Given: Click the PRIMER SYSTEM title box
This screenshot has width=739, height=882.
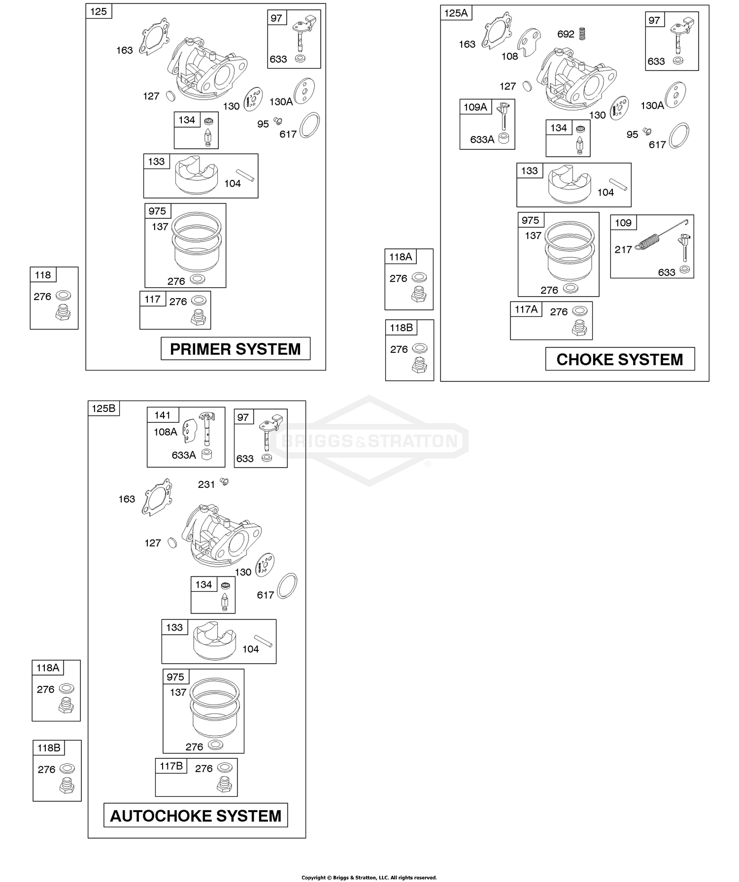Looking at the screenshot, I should [235, 349].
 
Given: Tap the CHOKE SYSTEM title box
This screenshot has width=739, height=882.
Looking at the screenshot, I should [620, 359].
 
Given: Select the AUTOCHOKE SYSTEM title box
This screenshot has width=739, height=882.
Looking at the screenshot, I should [196, 816].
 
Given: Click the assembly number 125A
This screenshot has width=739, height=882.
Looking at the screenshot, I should [456, 13].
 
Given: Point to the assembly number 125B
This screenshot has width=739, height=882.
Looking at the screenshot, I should [103, 408].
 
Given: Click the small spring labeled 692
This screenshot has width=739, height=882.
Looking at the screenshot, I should [582, 34].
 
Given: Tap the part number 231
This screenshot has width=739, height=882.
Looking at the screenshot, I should [206, 485].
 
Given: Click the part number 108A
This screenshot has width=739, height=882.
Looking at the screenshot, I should [165, 432].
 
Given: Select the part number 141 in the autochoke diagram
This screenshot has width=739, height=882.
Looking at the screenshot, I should [162, 415].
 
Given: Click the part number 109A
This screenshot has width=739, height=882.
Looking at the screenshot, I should [475, 107].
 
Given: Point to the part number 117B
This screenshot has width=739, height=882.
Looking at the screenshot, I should [171, 766].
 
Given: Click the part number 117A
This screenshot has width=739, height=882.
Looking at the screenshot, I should [526, 309].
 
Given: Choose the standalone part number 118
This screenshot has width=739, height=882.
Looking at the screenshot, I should [43, 275].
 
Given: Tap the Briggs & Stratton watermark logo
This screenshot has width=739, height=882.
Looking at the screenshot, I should [369, 441].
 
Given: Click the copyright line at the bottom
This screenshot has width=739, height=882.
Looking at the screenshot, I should [369, 878].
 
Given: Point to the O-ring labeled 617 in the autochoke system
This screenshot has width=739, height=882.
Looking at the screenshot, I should [287, 586].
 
